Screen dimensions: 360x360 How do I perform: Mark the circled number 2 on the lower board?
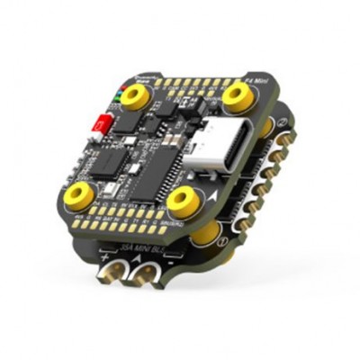(282, 122)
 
